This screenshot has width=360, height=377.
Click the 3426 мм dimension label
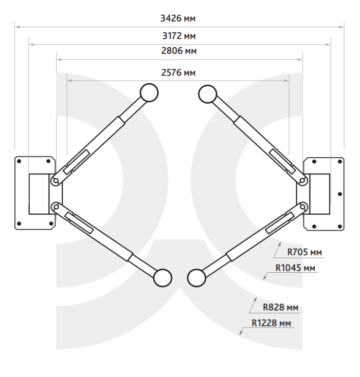click(x=178, y=18)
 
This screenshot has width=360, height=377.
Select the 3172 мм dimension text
click(x=179, y=36)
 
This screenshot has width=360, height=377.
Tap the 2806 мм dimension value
click(x=179, y=51)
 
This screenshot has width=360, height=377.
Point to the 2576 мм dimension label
click(x=178, y=72)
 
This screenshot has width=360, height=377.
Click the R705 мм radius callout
click(x=304, y=252)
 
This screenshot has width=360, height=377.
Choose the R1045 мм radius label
click(x=295, y=268)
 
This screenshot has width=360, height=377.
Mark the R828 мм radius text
click(x=280, y=307)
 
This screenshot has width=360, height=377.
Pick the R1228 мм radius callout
click(x=272, y=323)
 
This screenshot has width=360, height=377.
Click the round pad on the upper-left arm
click(x=149, y=92)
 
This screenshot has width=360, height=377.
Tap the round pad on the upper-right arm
click(x=208, y=94)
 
